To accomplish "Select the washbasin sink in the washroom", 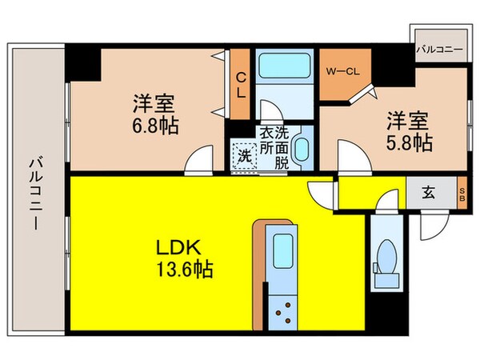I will [x=302, y=148].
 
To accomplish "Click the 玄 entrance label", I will [x=429, y=193].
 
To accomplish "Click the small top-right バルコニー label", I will [x=438, y=50].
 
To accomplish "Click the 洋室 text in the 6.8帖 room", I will [x=154, y=104].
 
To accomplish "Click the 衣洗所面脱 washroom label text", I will [x=272, y=147].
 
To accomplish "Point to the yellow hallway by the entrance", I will [x=368, y=193].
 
